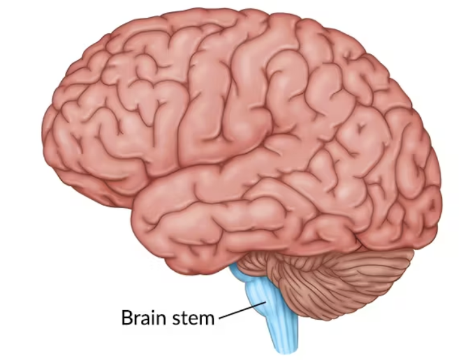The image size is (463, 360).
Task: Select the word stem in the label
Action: coord(193,317)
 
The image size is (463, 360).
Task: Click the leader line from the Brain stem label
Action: coord(237,311)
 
